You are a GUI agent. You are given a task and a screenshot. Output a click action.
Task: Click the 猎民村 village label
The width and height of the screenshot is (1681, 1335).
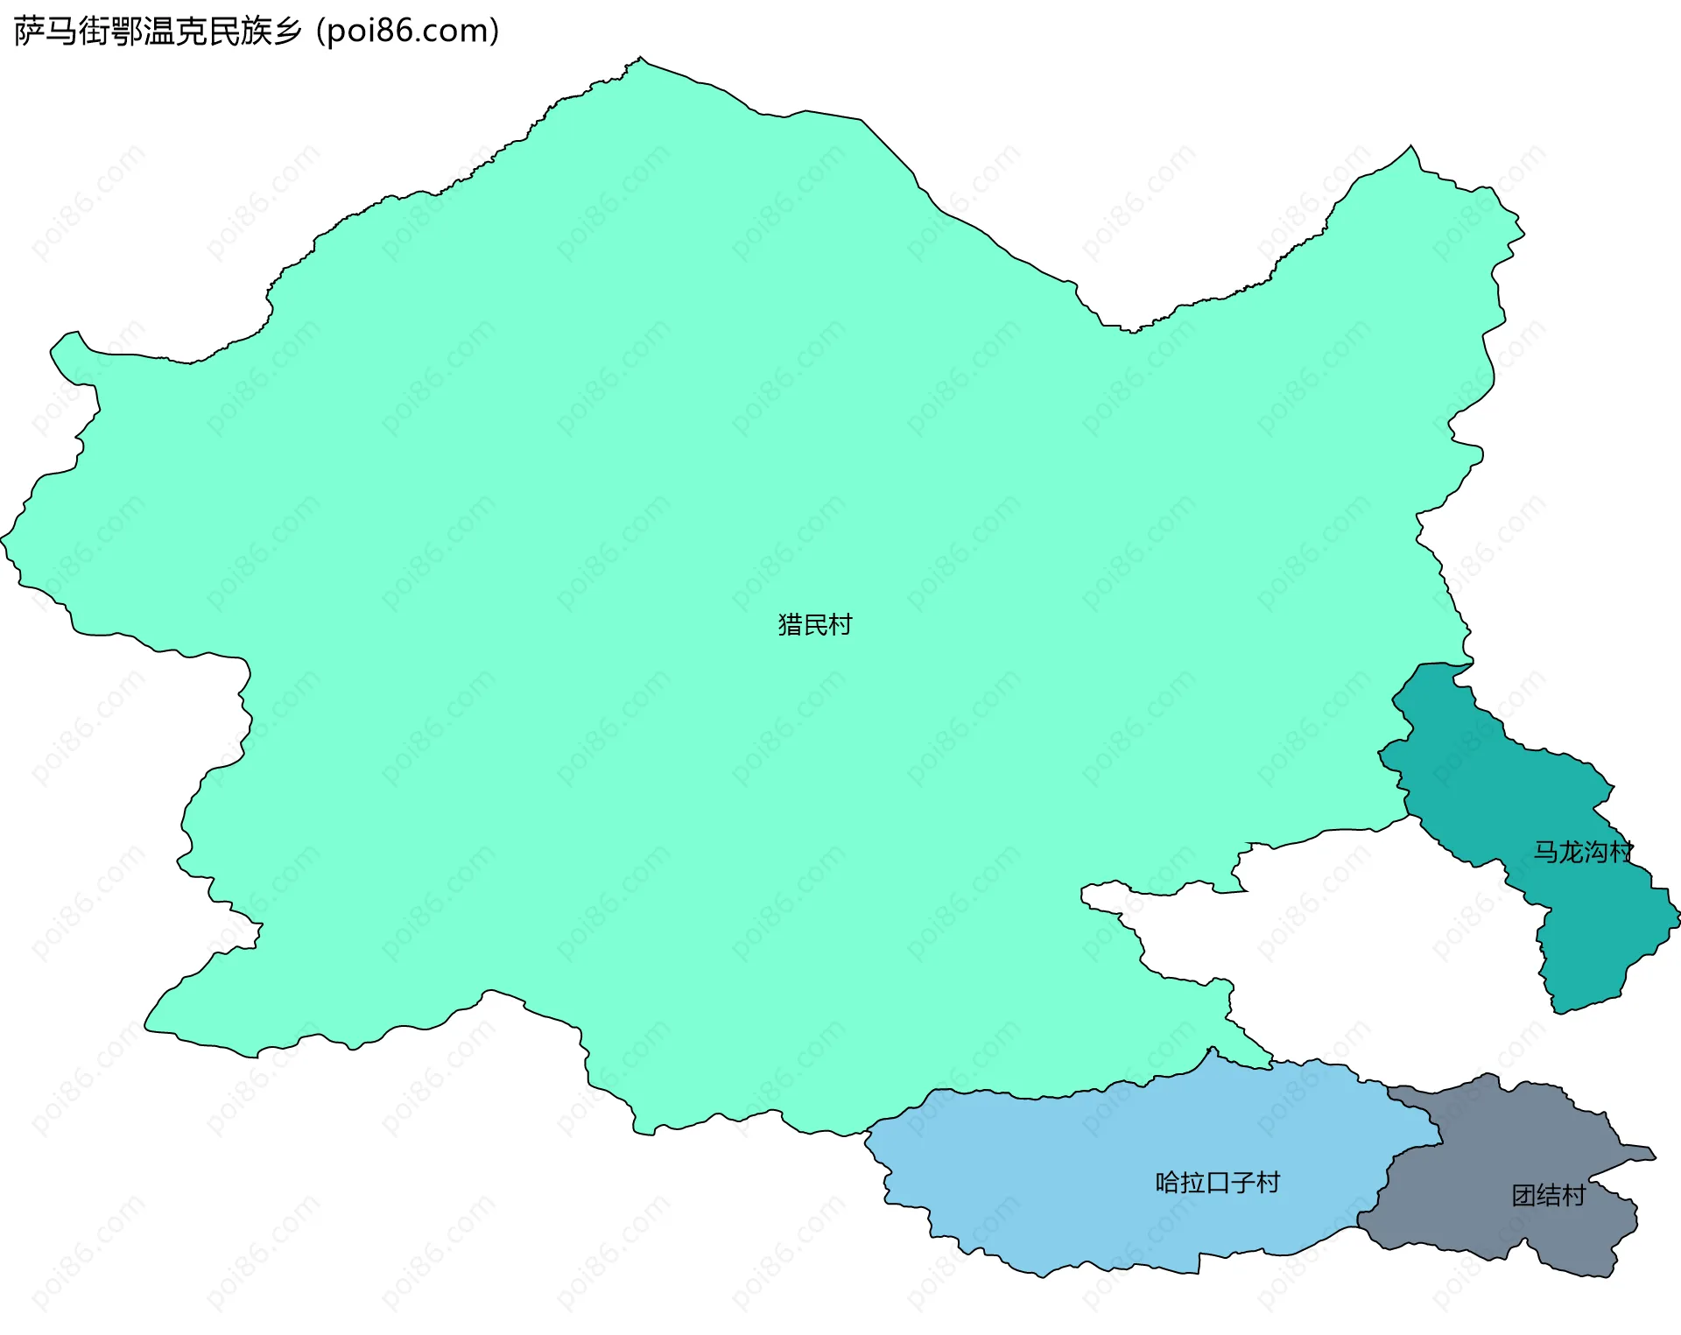814,625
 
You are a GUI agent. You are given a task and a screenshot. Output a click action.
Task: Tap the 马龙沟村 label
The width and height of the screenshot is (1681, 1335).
1583,852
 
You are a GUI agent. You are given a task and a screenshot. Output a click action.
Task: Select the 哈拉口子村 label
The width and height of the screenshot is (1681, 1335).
1217,1183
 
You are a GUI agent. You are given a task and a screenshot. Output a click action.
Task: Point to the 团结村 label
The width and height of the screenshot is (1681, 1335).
1548,1196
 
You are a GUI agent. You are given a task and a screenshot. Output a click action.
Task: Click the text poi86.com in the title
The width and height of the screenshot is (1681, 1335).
408,31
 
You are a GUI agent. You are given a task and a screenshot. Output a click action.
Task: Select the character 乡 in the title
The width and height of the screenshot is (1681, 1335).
286,32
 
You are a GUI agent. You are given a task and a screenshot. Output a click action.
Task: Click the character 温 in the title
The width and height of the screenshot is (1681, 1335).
159,32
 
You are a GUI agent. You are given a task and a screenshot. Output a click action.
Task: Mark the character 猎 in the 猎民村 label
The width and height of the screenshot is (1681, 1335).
790,625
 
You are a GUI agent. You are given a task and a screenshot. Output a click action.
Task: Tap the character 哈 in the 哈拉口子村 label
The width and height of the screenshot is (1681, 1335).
1168,1183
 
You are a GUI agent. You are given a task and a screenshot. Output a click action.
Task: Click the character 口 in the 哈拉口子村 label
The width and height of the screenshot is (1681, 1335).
1218,1183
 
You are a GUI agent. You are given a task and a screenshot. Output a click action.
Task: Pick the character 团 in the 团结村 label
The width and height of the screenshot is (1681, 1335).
1523,1196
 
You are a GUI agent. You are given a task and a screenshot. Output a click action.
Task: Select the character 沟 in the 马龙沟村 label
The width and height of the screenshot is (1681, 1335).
1595,852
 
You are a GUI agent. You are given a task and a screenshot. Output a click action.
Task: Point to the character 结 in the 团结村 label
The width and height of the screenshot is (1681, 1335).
1548,1196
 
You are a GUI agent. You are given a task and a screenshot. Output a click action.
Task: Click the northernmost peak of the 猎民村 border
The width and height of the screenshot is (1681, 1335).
640,59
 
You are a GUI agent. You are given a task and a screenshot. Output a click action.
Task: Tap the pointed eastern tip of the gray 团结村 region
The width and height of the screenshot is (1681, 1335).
1654,1157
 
